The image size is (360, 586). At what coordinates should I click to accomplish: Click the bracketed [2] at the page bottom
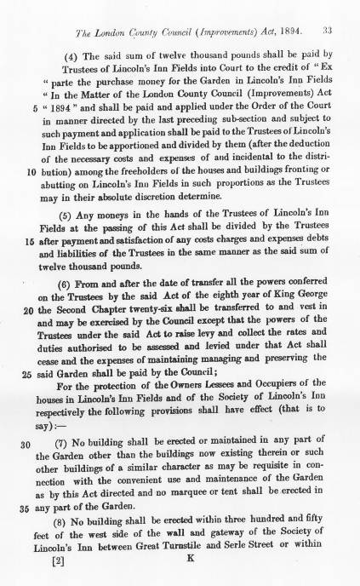(58, 561)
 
